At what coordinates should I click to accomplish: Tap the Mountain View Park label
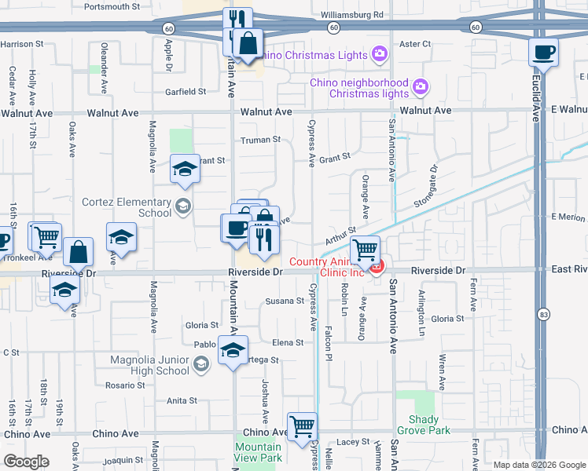[258, 452]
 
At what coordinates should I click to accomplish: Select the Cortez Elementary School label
[126, 207]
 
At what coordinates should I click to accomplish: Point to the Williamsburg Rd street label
[352, 14]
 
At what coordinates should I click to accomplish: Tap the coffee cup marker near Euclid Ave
[543, 53]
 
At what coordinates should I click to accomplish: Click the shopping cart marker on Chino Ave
[302, 428]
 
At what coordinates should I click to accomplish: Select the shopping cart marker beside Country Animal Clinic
[365, 251]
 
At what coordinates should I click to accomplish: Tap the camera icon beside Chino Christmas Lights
[380, 54]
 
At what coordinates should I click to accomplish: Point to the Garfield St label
[186, 91]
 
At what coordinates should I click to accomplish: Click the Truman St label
[259, 140]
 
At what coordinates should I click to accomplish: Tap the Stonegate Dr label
[432, 180]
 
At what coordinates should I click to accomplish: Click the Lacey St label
[347, 443]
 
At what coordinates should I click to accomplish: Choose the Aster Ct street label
[415, 44]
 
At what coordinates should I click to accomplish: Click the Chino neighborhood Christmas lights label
[359, 88]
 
